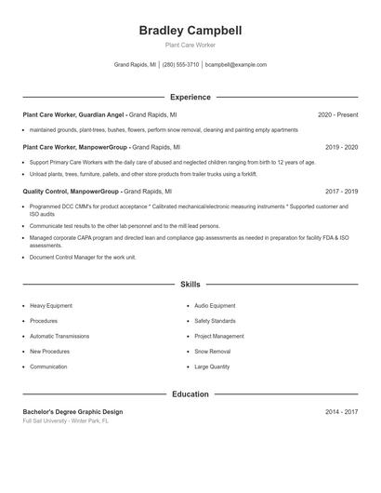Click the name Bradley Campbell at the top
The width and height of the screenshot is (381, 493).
[x=190, y=31]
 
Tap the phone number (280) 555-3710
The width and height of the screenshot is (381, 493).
[x=180, y=65]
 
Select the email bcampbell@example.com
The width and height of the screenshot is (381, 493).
[x=236, y=65]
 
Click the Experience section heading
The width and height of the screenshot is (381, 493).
[x=190, y=97]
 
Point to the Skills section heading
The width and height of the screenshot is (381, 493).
[x=190, y=284]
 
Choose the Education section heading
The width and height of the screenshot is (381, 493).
[x=190, y=394]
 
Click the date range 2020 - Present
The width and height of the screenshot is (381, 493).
[x=337, y=114]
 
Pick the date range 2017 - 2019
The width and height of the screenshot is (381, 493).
[x=341, y=191]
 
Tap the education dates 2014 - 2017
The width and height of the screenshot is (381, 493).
[x=341, y=411]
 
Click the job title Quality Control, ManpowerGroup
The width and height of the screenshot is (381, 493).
[x=72, y=191]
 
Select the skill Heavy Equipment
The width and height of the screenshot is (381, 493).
[x=51, y=305]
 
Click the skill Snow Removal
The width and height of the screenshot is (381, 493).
[x=213, y=352]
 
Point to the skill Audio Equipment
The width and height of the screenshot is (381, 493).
[x=215, y=305]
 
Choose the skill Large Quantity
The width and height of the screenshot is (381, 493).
[x=212, y=366]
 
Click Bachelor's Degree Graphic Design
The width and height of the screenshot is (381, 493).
[x=72, y=411]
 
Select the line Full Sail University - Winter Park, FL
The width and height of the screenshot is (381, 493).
[x=66, y=420]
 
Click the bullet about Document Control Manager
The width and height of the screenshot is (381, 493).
[x=83, y=257]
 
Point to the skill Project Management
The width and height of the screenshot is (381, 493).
[x=219, y=336]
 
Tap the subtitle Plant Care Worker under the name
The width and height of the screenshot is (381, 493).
[x=190, y=45]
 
